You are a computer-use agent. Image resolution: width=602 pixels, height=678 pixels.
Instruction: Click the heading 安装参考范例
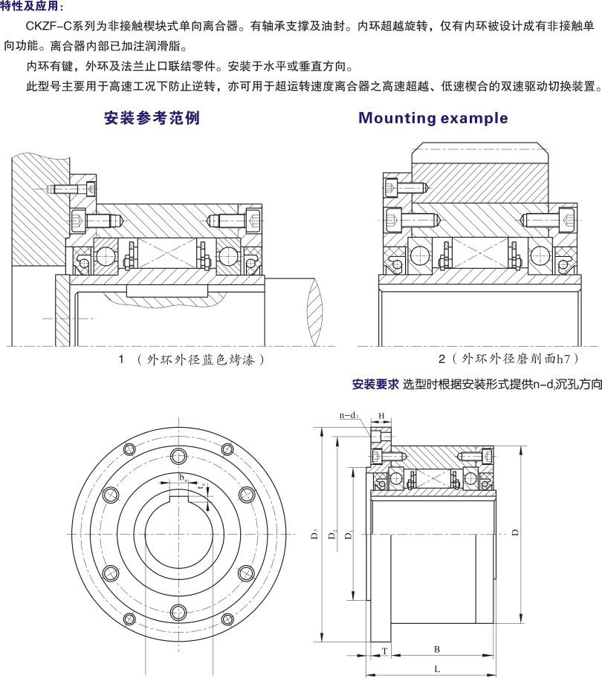coord(152,118)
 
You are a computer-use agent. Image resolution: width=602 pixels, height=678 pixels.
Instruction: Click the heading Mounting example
coord(433,118)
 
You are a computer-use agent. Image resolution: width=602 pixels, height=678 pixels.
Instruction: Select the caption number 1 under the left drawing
coord(120,359)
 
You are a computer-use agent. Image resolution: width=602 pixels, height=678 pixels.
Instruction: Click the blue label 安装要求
coord(375,385)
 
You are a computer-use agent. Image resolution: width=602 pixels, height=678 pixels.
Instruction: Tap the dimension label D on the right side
coord(515,532)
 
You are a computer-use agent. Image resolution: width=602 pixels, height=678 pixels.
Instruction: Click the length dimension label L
coord(436,669)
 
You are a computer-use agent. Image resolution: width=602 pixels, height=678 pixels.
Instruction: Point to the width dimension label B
coord(436,649)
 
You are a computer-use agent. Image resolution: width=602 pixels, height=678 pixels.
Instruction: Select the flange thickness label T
coord(384,650)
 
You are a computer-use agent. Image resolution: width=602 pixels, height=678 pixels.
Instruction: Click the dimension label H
coord(381,416)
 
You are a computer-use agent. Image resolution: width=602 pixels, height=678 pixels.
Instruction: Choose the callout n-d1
coord(349,416)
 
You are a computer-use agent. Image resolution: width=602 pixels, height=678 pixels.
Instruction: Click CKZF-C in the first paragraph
coord(49,26)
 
